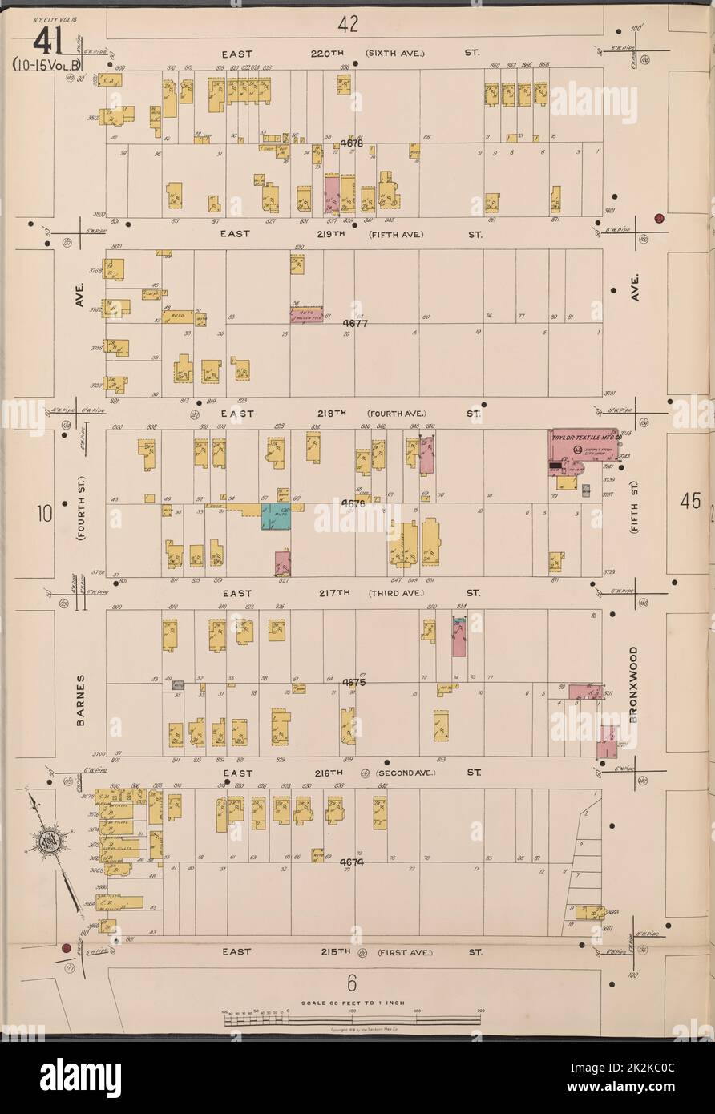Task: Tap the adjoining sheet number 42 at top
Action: pos(347,23)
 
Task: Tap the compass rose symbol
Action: pos(45,843)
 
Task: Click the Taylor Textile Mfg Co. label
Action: pos(586,439)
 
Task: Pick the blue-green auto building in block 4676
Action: pos(275,516)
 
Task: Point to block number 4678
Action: pos(351,144)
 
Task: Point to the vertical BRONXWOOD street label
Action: pos(632,685)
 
